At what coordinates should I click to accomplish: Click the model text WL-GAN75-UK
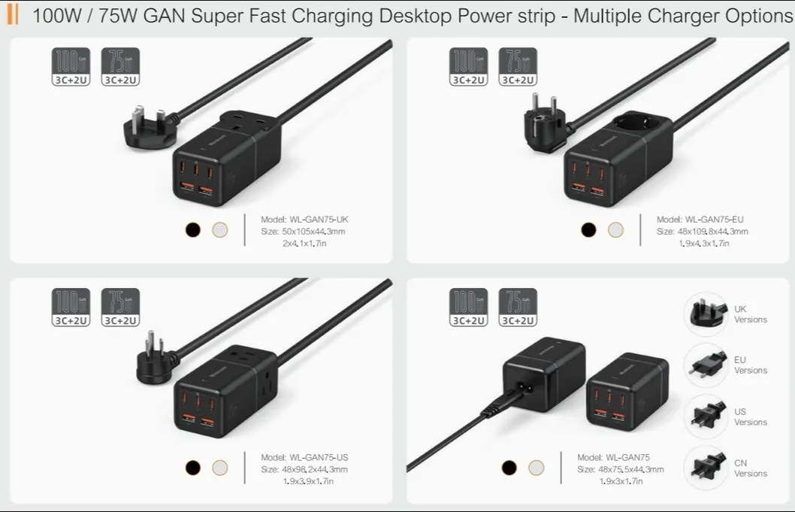[x=304, y=220]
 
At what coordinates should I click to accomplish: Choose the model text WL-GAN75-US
[x=304, y=457]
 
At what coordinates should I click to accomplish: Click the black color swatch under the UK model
[x=193, y=230]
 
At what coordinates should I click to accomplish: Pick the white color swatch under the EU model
[x=615, y=230]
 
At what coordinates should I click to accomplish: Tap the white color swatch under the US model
[x=219, y=468]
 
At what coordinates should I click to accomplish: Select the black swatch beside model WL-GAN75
[x=509, y=468]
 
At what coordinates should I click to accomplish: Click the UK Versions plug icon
[x=706, y=314]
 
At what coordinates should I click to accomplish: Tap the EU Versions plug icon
[x=706, y=365]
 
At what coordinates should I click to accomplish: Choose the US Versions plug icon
[x=706, y=416]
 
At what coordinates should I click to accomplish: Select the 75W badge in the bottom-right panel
[x=518, y=308]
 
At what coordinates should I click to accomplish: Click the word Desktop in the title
[x=375, y=16]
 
